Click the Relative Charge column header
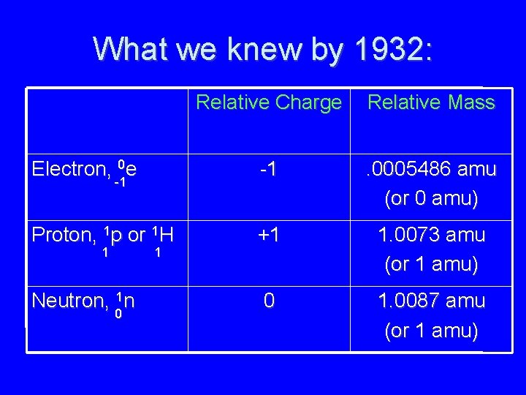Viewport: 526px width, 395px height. pyautogui.click(x=269, y=102)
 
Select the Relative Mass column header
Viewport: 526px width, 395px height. pyautogui.click(x=431, y=102)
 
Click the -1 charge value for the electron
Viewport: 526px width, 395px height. pyautogui.click(x=269, y=170)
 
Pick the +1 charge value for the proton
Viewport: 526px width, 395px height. pyautogui.click(x=269, y=235)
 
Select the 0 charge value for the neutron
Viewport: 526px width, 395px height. pyautogui.click(x=269, y=300)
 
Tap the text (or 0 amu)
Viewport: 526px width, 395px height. pyautogui.click(x=431, y=199)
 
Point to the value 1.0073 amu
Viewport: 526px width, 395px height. pyautogui.click(x=431, y=235)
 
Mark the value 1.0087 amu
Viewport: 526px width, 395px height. pyautogui.click(x=431, y=300)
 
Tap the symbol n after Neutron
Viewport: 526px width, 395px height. pyautogui.click(x=129, y=300)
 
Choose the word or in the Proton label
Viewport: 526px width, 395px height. pyautogui.click(x=137, y=236)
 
